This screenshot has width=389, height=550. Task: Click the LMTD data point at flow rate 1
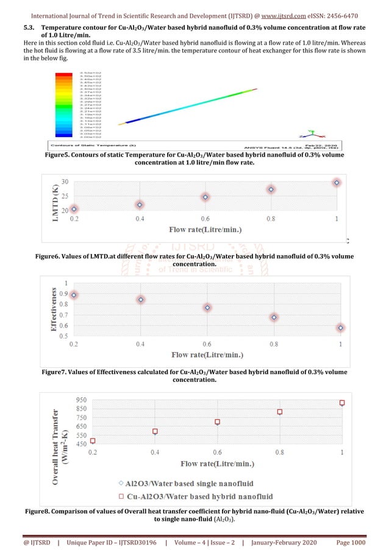coord(337,183)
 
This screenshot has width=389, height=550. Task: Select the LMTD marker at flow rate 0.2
coord(74,209)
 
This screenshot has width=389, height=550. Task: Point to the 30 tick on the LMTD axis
coord(64,183)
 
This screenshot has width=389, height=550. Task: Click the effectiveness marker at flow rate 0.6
coord(208,308)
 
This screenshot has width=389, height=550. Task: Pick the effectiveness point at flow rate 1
coord(341,328)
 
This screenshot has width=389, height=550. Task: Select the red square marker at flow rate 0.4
coord(155,431)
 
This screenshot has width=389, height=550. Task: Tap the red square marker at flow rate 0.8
coord(280,412)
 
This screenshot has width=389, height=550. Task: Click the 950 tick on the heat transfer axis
coord(80,400)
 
